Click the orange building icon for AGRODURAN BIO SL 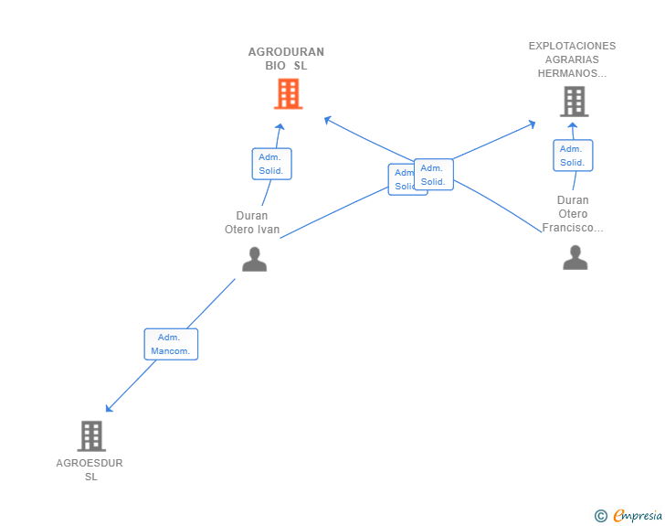[288, 93]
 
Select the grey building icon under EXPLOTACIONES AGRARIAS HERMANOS [574, 102]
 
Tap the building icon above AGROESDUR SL [91, 436]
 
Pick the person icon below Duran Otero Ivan [254, 260]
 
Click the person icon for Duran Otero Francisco [575, 258]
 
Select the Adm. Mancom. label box [171, 344]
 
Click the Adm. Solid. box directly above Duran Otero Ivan [271, 164]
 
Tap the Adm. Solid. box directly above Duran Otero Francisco [573, 156]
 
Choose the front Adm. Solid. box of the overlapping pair [433, 174]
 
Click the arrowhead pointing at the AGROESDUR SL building [109, 408]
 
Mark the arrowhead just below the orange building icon [280, 128]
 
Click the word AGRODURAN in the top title [286, 52]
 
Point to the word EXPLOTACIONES [572, 46]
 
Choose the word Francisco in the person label [572, 228]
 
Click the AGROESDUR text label [90, 463]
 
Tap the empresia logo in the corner [636, 516]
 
